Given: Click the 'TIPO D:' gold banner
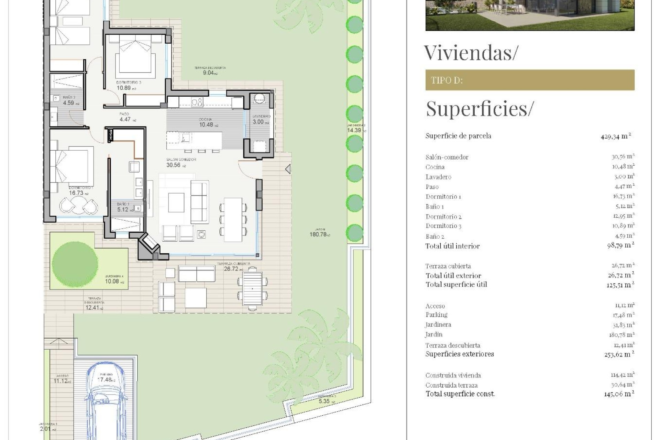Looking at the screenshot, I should point(529,80).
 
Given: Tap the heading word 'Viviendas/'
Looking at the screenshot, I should point(470,53).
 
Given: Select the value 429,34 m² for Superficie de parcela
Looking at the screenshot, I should point(615,136).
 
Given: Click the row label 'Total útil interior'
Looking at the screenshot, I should point(452,246).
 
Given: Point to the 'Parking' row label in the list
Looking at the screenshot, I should point(436,315).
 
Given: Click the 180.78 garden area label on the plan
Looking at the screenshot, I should point(320,234).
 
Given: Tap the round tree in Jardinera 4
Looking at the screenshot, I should point(75,263).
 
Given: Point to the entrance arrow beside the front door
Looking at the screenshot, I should point(288,169).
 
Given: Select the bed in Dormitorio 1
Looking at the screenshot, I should point(72,165).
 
